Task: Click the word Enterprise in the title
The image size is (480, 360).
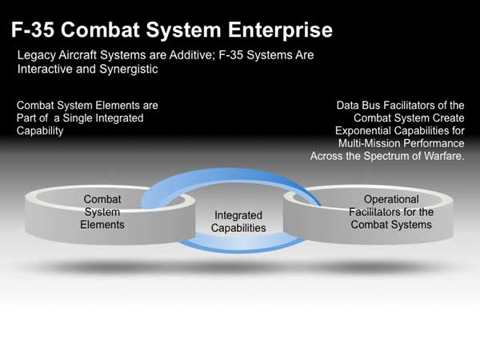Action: coord(280,30)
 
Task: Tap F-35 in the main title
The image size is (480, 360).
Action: coord(33,30)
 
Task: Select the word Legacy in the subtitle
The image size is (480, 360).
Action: coord(37,55)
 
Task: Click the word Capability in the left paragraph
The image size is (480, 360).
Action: coord(40,131)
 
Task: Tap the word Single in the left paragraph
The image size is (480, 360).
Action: coord(78,118)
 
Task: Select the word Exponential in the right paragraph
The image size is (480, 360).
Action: coord(366,131)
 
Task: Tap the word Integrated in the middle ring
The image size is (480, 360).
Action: coord(238,215)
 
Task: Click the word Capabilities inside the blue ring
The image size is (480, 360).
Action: coord(238,228)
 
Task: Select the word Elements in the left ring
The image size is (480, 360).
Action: coord(102,225)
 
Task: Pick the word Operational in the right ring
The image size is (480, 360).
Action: coord(391,199)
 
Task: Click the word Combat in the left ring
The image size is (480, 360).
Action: coord(102,199)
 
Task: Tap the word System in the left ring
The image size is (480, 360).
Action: coord(102,212)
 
